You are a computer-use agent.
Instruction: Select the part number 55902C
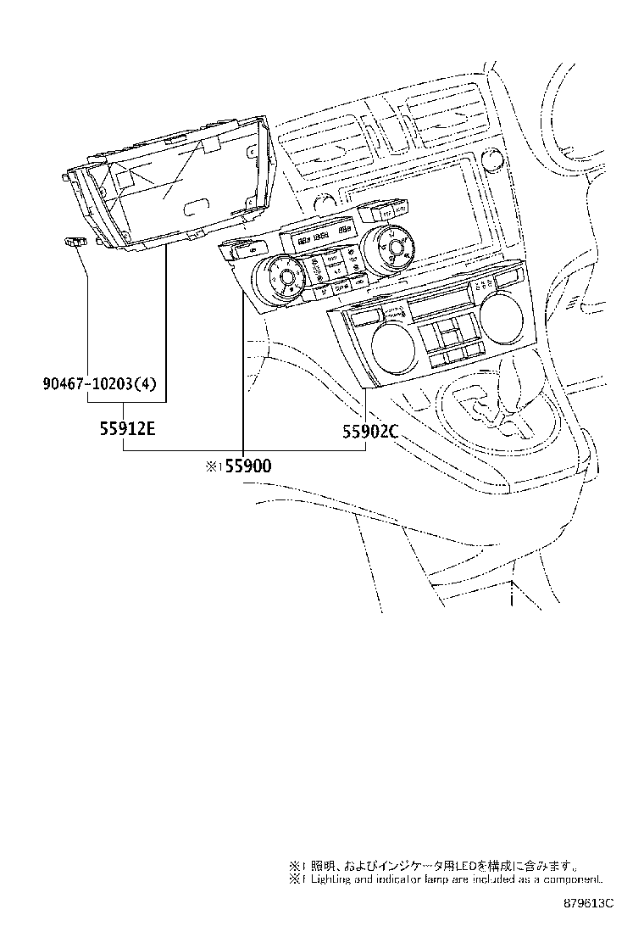369,432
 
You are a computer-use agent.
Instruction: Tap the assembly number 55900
248,466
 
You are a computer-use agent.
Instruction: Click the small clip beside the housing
75,243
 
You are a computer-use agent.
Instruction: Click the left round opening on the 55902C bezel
391,349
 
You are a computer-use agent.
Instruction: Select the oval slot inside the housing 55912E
196,204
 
